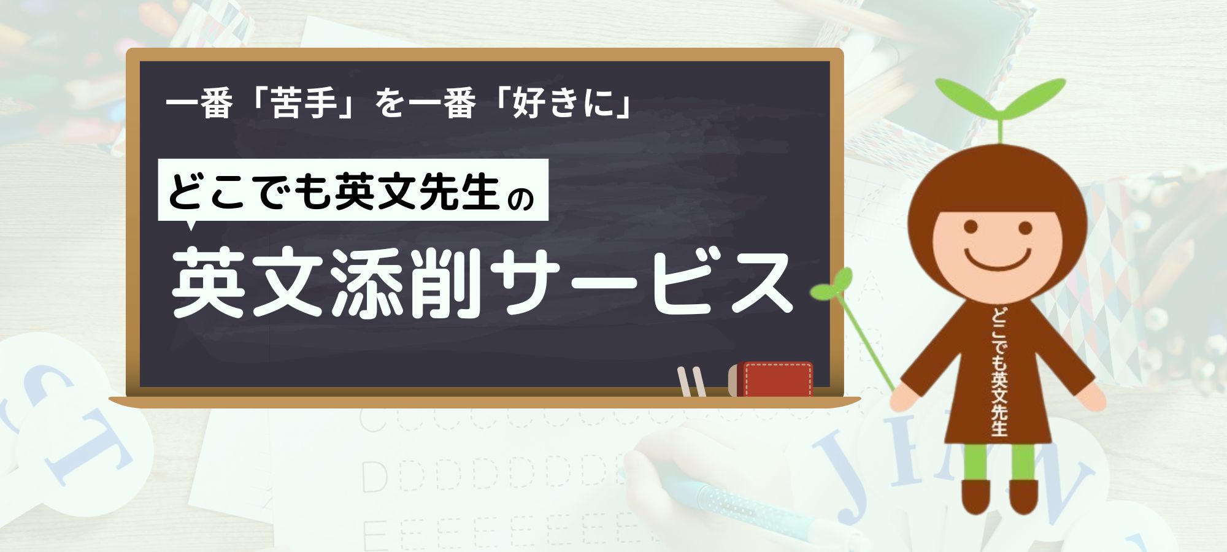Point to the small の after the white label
[x=523, y=198]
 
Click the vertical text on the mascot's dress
[x=999, y=371]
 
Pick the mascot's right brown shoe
[x=1024, y=496]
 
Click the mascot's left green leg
[x=975, y=462]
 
